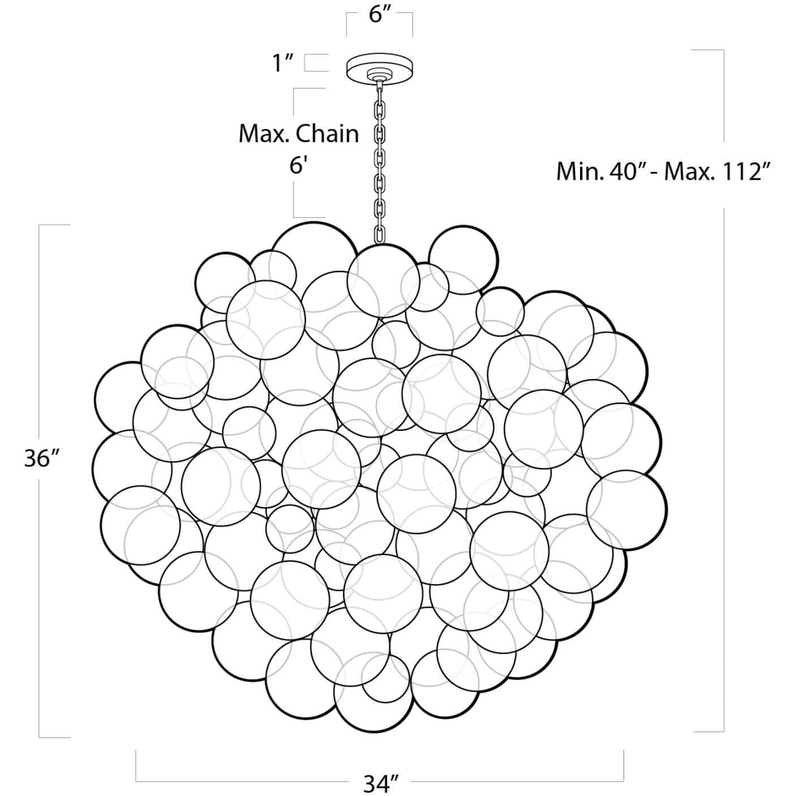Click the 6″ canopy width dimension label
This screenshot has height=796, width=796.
point(379,15)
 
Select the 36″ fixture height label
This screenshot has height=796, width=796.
point(41,459)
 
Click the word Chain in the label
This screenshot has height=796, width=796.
point(327,134)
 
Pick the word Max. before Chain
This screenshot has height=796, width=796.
point(264,134)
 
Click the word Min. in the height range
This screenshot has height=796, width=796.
point(578,171)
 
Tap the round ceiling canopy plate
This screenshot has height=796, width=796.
point(379,67)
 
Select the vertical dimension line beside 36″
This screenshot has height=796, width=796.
point(39,339)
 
